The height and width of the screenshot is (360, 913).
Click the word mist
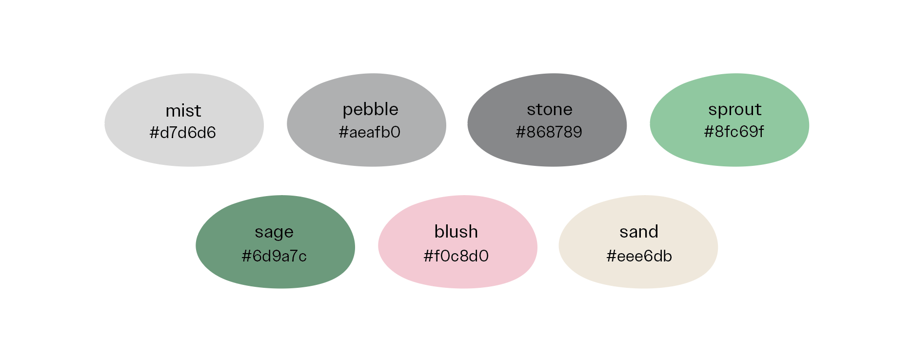click(183, 111)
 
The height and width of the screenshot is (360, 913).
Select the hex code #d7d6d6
click(182, 133)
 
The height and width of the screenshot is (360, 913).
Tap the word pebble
click(370, 110)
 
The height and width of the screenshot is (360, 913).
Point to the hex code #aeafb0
click(369, 132)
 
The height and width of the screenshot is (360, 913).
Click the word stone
click(549, 110)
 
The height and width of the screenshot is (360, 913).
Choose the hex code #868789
click(549, 132)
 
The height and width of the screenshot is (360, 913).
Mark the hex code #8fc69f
click(734, 132)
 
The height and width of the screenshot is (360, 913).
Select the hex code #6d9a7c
click(274, 256)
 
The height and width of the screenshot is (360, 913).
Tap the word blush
click(456, 232)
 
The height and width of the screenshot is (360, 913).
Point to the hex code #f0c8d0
click(456, 256)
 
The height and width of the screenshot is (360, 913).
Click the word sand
click(639, 232)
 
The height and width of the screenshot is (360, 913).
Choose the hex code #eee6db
click(639, 256)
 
